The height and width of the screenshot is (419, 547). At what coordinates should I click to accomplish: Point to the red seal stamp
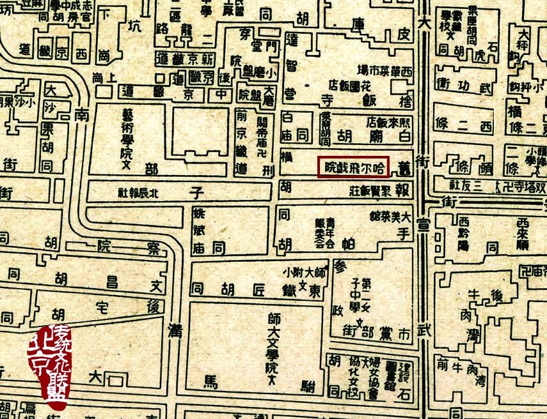(x=49, y=362)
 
